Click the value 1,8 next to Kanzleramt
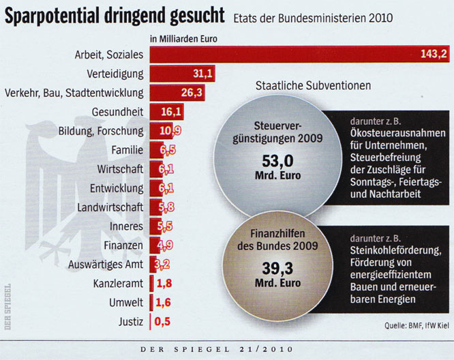164,282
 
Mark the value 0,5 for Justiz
162,320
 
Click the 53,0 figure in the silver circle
277,162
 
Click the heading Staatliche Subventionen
313,85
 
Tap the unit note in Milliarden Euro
183,39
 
